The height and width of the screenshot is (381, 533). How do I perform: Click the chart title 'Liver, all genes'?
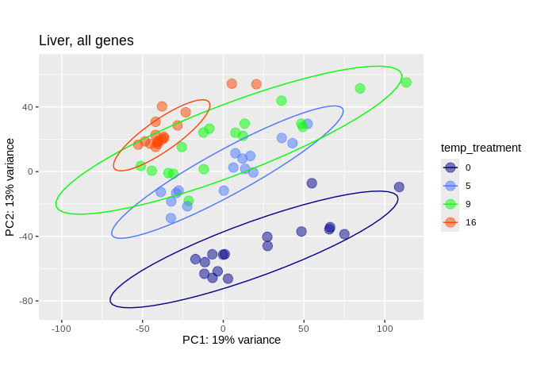point(86,40)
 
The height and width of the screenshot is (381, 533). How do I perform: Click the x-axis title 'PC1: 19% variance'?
point(232,340)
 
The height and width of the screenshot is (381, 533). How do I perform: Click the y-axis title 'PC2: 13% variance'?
point(10,187)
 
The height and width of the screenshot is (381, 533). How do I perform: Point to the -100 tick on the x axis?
point(61,328)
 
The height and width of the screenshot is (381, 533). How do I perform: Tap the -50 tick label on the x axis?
point(142,328)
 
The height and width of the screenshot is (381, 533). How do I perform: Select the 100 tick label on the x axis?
point(385,328)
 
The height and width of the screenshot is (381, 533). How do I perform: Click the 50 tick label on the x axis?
point(304,328)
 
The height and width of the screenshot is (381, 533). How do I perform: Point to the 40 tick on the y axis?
point(27,107)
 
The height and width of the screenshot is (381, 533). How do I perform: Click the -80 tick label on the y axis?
point(25,301)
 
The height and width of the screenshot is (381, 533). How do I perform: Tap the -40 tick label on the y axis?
point(25,237)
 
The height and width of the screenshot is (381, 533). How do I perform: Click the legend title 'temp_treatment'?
point(481,148)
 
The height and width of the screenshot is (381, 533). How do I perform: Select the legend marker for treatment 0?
point(451,167)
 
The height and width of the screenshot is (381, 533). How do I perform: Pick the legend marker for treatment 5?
point(451,186)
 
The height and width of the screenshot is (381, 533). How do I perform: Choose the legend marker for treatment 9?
point(451,204)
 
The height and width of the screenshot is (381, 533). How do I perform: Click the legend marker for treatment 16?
point(451,222)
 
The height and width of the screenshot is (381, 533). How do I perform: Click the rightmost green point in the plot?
point(406,83)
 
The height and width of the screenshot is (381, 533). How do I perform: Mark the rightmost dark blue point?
point(399,187)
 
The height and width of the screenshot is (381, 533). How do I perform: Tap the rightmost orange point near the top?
point(256,84)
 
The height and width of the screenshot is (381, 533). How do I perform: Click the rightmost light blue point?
point(308,124)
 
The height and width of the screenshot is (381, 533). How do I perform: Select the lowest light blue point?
point(171,218)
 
